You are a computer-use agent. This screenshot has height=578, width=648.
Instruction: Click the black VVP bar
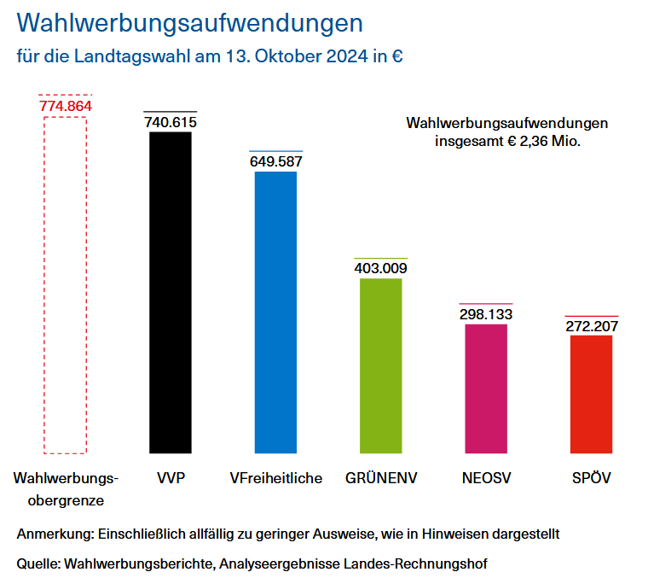tap(171, 292)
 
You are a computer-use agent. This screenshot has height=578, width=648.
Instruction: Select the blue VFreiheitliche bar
tap(276, 312)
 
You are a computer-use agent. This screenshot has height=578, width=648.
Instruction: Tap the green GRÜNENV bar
tap(381, 365)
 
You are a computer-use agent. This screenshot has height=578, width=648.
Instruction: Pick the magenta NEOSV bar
tap(486, 388)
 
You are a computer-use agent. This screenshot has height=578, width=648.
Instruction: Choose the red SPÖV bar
tap(591, 394)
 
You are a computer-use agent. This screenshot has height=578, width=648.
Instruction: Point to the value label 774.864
tap(65, 107)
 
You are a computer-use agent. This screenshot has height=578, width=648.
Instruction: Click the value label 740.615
tap(171, 122)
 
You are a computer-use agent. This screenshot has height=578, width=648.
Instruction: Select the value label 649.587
tap(276, 161)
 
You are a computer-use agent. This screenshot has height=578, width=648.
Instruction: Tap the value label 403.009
tap(381, 268)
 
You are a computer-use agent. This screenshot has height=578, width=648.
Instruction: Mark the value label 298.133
tap(486, 314)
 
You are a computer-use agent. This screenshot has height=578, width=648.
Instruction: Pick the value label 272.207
tap(591, 326)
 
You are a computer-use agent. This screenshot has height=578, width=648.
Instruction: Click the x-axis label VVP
tap(171, 478)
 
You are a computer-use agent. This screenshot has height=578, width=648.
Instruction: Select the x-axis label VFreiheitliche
tap(276, 478)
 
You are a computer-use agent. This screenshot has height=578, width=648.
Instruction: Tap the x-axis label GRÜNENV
tap(381, 478)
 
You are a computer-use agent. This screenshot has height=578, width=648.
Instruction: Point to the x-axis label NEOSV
tap(486, 478)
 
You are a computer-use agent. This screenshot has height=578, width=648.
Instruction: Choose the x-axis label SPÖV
tap(591, 478)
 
